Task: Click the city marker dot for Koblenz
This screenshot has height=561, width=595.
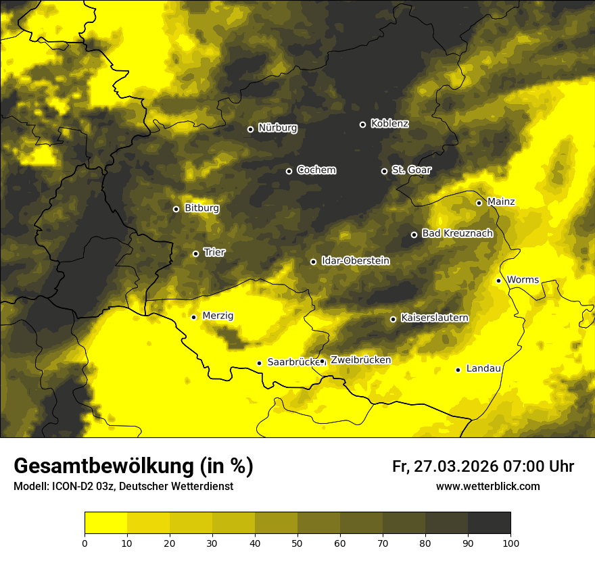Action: [362, 124]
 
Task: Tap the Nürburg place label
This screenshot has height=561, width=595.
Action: [277, 128]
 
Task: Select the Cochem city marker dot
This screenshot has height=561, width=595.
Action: [289, 171]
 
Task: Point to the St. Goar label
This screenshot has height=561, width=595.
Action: [411, 170]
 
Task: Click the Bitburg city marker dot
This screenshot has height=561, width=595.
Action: [176, 209]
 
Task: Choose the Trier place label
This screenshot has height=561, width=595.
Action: [214, 252]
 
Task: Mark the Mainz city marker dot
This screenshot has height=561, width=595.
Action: [479, 203]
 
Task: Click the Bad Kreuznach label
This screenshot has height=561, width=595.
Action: [457, 233]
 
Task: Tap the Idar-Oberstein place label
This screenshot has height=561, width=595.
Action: [355, 260]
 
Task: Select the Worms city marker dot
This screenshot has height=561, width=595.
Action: [498, 280]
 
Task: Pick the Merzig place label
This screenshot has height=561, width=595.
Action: [218, 316]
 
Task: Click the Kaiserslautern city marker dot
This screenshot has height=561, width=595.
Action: [393, 319]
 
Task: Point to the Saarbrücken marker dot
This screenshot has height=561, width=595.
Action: [259, 363]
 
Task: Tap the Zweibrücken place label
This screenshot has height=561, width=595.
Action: [360, 360]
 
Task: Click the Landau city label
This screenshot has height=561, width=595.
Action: [483, 368]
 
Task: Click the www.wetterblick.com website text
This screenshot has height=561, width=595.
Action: [487, 486]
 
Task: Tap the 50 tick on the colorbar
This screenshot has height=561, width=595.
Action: [297, 542]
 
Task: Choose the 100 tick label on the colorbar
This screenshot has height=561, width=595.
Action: [510, 542]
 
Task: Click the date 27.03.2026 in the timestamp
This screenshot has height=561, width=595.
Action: [455, 466]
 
